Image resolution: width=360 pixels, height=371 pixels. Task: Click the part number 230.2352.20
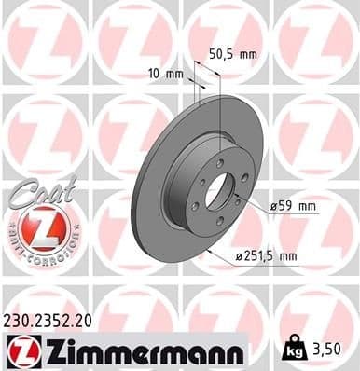(48, 320)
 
